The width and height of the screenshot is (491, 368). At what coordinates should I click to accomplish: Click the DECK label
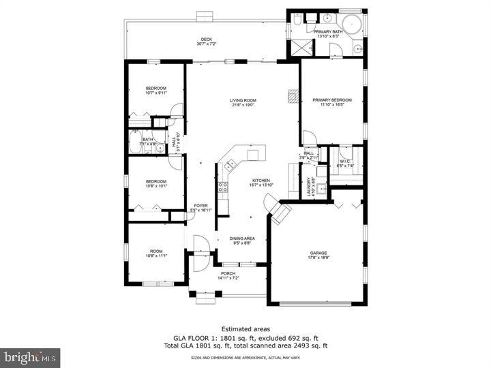click(206, 40)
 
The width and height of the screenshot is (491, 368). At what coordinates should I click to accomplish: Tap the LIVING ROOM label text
click(243, 101)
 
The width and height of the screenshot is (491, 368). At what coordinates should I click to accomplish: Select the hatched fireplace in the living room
click(294, 97)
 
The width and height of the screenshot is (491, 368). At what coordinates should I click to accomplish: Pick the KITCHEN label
click(260, 181)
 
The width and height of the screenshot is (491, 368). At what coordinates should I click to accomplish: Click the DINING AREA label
click(242, 239)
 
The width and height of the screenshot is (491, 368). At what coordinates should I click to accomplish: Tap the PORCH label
click(227, 274)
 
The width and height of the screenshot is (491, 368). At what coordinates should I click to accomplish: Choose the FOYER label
click(200, 205)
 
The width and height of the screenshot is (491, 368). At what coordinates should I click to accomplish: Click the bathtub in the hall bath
click(134, 144)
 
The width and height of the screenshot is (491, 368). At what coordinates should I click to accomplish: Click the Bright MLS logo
click(30, 357)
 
